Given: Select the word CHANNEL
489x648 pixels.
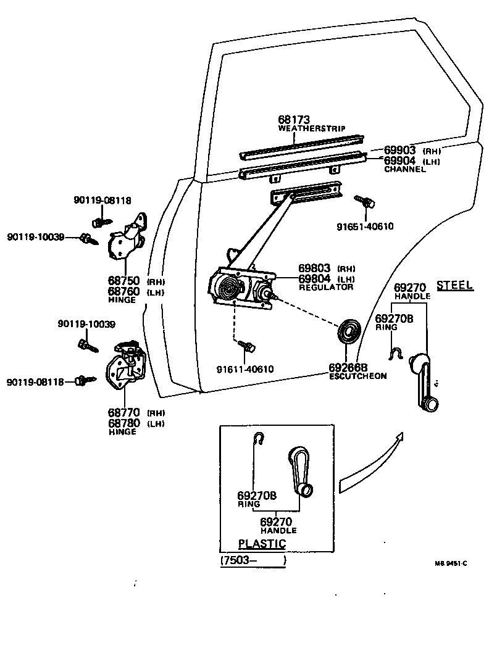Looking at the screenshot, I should point(404,169).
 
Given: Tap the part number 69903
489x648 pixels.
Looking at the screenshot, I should point(399,150).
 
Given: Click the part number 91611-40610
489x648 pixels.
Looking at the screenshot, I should point(244,369).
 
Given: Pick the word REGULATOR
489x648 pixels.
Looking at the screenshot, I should point(325,287).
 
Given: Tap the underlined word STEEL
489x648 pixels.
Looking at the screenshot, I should point(454,285).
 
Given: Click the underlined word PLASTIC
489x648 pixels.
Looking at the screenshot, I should point(262,544).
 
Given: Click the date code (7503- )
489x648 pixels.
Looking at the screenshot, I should point(253,561).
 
